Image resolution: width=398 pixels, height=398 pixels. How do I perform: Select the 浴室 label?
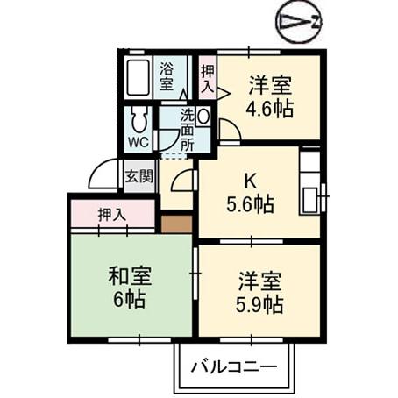(x=167, y=77)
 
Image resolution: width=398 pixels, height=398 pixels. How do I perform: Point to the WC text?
(x=138, y=140)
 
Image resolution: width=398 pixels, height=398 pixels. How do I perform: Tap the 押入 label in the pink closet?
(x=111, y=213)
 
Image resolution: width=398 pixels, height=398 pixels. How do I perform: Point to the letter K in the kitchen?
(x=249, y=181)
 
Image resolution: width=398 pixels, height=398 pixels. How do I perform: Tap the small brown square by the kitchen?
(x=176, y=223)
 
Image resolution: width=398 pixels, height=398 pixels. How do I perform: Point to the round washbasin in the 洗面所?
(x=203, y=115)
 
